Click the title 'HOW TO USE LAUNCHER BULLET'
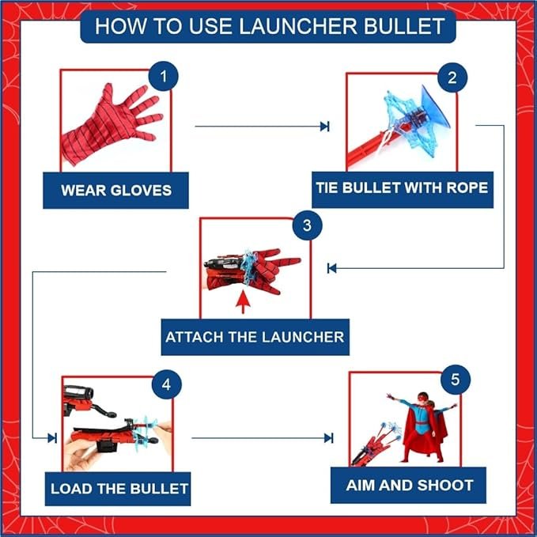pos(269,26)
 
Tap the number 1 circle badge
pos(163,78)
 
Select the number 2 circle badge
pos(452,78)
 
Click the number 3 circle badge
pos(307,225)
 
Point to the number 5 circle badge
pos(454,380)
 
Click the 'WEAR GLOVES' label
pos(115,191)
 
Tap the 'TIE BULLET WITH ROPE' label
pos(402,189)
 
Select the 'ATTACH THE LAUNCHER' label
pos(255,337)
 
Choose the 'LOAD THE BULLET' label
pos(119,488)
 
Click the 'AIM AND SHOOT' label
pos(410,485)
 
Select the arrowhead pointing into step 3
pos(332,268)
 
